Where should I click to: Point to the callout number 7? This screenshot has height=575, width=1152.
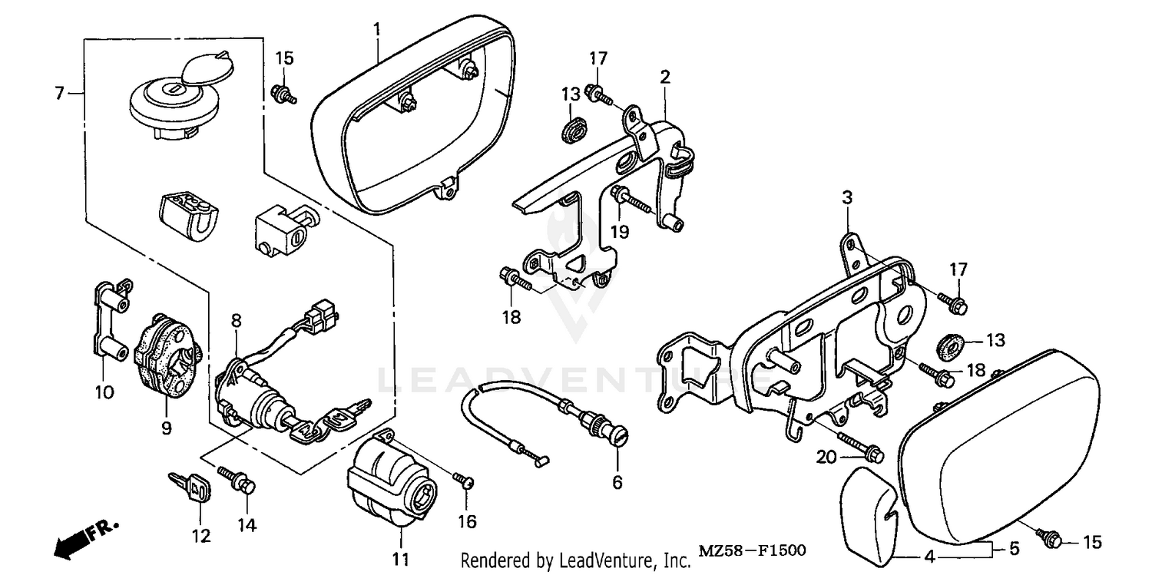pyautogui.click(x=59, y=93)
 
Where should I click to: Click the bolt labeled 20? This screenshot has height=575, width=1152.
pyautogui.click(x=864, y=451)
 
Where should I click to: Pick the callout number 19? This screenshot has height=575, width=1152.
pyautogui.click(x=620, y=231)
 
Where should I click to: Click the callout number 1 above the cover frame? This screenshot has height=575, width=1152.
pyautogui.click(x=377, y=29)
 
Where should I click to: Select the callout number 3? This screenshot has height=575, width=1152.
pyautogui.click(x=847, y=198)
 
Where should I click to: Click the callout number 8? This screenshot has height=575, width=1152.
pyautogui.click(x=237, y=319)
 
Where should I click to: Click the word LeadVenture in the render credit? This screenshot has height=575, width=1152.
pyautogui.click(x=617, y=561)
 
